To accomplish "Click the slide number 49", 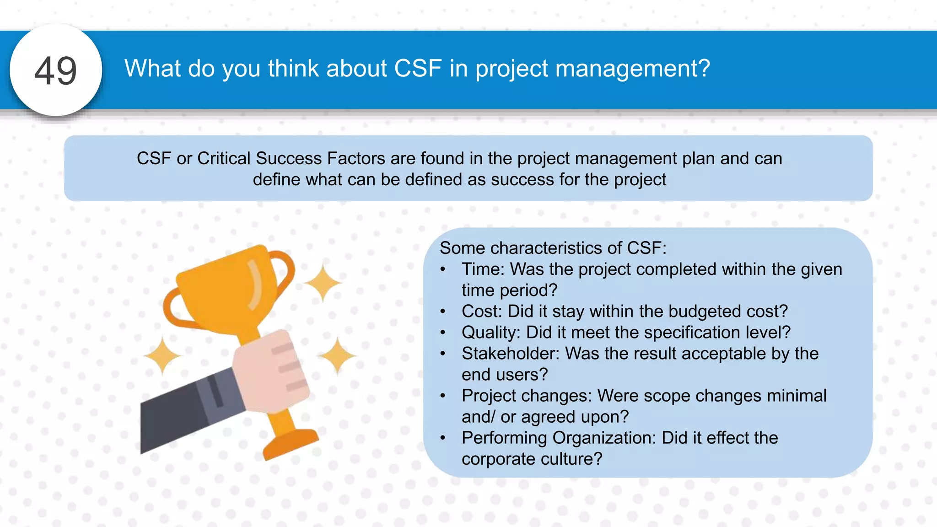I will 55,71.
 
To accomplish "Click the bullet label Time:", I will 482,269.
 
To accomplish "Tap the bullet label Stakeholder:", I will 510,353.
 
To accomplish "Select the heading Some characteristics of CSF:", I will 553,248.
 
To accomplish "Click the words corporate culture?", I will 532,459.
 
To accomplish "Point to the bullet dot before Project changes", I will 442,396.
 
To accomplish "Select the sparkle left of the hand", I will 162,355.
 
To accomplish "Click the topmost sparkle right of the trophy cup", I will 323,282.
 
